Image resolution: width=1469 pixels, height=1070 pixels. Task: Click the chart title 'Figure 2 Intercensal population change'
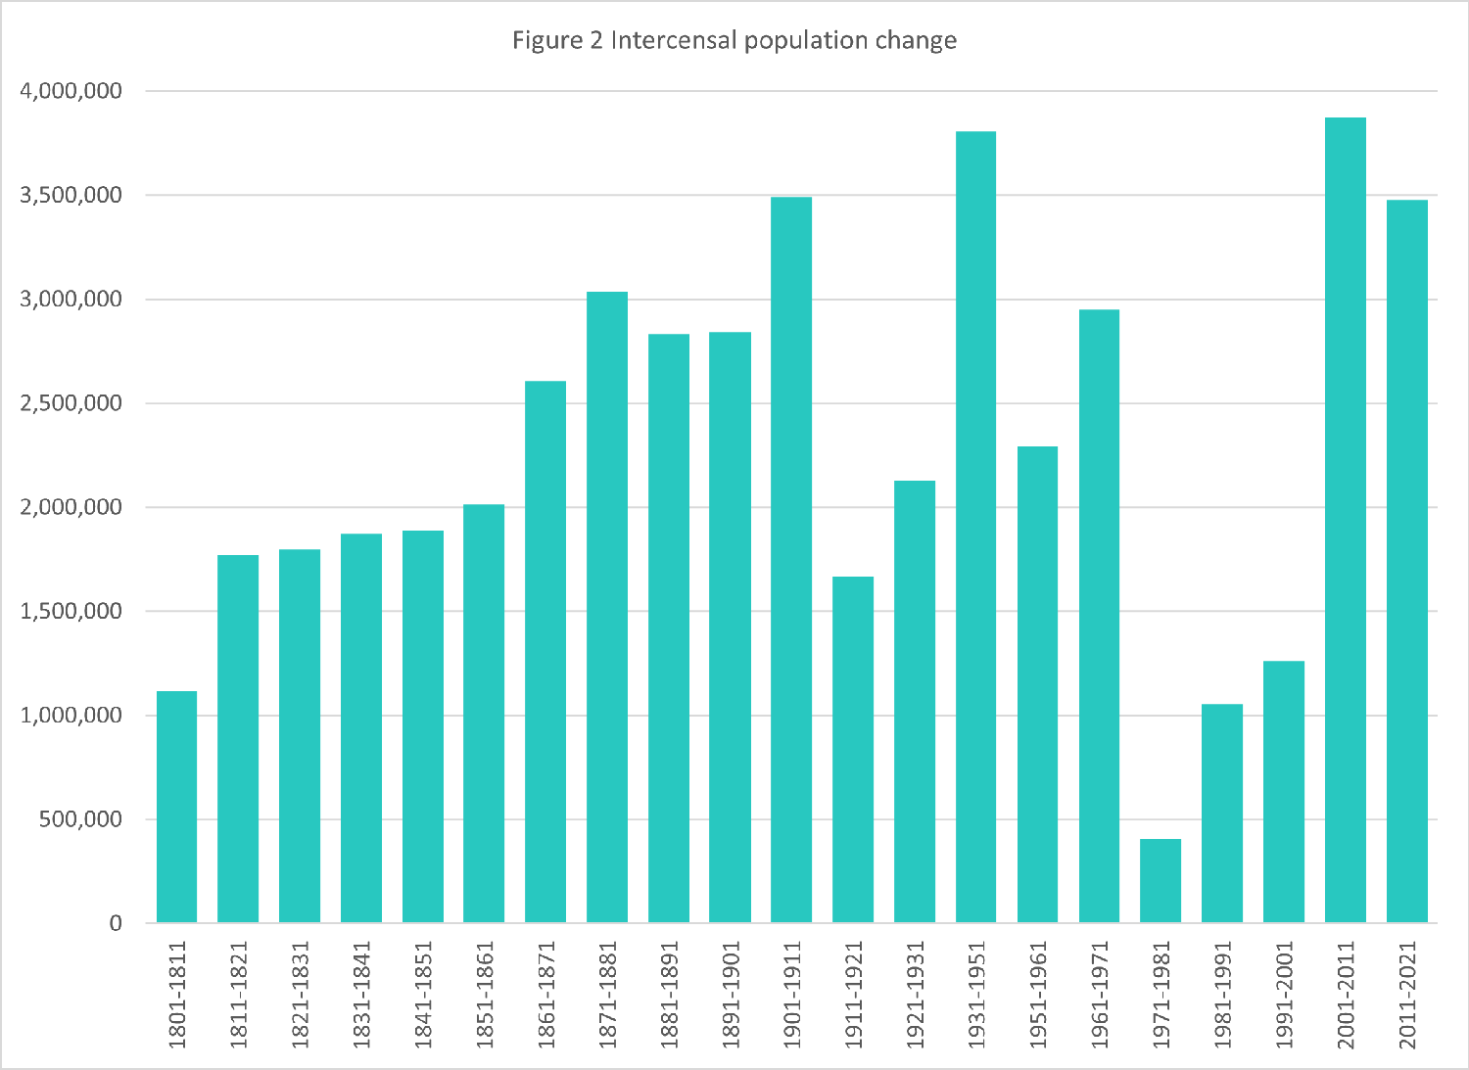click(x=734, y=40)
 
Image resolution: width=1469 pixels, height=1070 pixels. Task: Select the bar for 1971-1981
click(x=1161, y=881)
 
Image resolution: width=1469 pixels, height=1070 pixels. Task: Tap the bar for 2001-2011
click(x=1345, y=520)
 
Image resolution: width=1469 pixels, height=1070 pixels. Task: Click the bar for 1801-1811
click(x=176, y=807)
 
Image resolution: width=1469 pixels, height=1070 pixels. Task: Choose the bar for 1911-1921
click(x=853, y=750)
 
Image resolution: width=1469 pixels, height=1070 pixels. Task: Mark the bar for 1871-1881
click(x=607, y=607)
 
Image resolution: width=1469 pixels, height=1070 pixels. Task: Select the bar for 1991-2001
click(x=1283, y=792)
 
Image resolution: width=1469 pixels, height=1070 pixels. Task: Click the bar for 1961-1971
click(x=1099, y=616)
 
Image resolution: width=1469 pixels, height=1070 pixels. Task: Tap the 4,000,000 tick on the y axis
click(x=71, y=91)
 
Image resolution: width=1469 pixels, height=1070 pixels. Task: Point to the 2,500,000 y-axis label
click(x=71, y=403)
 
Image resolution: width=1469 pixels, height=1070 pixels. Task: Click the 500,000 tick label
click(x=81, y=819)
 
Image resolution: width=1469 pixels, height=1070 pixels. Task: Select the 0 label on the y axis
click(x=116, y=923)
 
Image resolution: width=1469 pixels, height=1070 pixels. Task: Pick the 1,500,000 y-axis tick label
click(x=71, y=611)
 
